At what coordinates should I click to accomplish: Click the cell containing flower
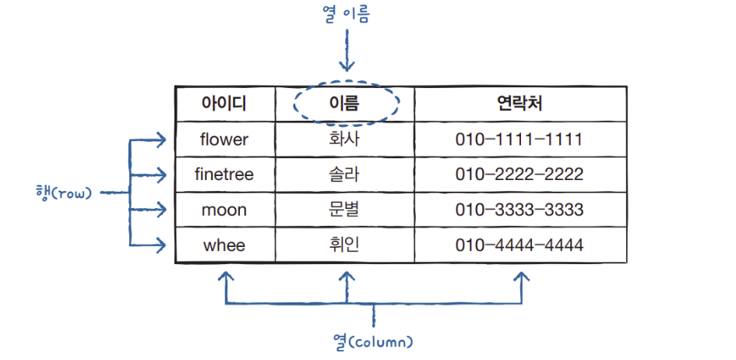click(x=224, y=139)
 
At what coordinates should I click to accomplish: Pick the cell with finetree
click(x=224, y=175)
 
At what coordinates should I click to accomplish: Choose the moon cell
click(x=224, y=210)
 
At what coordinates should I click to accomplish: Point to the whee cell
click(x=224, y=245)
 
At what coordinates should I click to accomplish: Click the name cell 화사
click(x=345, y=139)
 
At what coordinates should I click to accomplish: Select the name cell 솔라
click(x=345, y=175)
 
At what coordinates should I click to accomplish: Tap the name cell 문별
click(x=345, y=210)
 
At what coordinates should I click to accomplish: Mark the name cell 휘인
click(x=345, y=245)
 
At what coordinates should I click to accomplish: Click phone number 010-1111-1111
click(x=519, y=139)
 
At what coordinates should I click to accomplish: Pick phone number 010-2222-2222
click(x=519, y=175)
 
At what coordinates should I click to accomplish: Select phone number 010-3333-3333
click(x=519, y=210)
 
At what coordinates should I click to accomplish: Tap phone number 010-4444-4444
click(x=519, y=245)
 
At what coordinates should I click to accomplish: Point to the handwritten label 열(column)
click(x=372, y=341)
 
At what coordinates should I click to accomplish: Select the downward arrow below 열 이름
click(x=347, y=55)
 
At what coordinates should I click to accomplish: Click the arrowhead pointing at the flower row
click(x=160, y=140)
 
